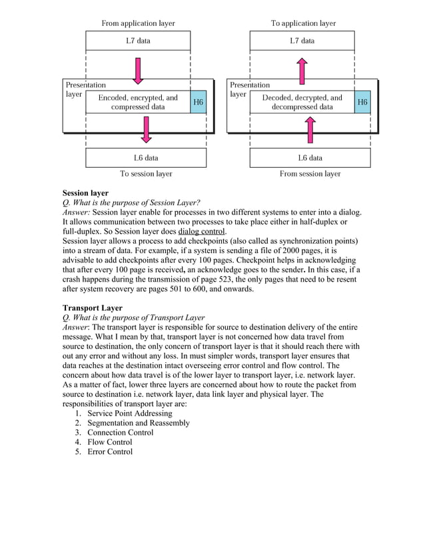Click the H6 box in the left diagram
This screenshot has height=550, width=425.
click(199, 103)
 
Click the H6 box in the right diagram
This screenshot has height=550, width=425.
click(362, 103)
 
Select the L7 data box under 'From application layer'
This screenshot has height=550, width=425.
click(138, 41)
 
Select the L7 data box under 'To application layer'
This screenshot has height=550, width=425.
click(302, 41)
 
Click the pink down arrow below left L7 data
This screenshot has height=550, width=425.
click(138, 71)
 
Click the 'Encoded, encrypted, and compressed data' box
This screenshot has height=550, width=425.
click(138, 102)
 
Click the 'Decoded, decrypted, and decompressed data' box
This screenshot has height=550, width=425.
click(302, 102)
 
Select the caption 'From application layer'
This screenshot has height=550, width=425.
click(138, 23)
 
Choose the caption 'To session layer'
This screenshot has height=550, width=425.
click(146, 174)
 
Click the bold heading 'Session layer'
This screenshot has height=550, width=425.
click(85, 193)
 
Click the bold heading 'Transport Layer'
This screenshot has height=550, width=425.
click(92, 308)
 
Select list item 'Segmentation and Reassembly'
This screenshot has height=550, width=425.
click(138, 423)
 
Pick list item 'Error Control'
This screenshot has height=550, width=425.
click(110, 451)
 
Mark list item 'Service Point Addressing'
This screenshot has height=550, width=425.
click(129, 413)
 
